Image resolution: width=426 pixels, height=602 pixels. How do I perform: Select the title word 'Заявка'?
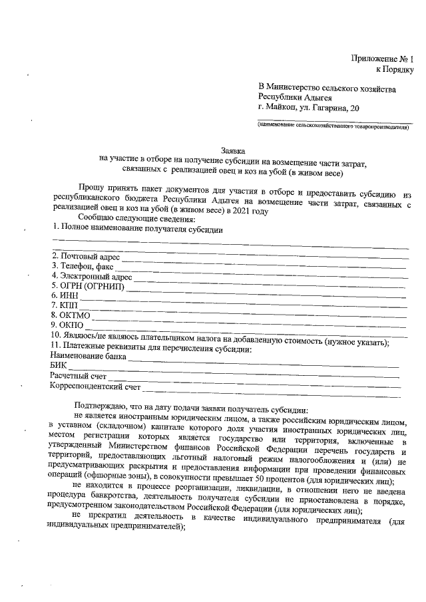233,151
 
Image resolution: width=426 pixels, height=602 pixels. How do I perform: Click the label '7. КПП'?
65,305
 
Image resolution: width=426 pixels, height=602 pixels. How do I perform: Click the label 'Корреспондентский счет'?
95,386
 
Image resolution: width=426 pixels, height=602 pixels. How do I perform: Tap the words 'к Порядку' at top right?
395,69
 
